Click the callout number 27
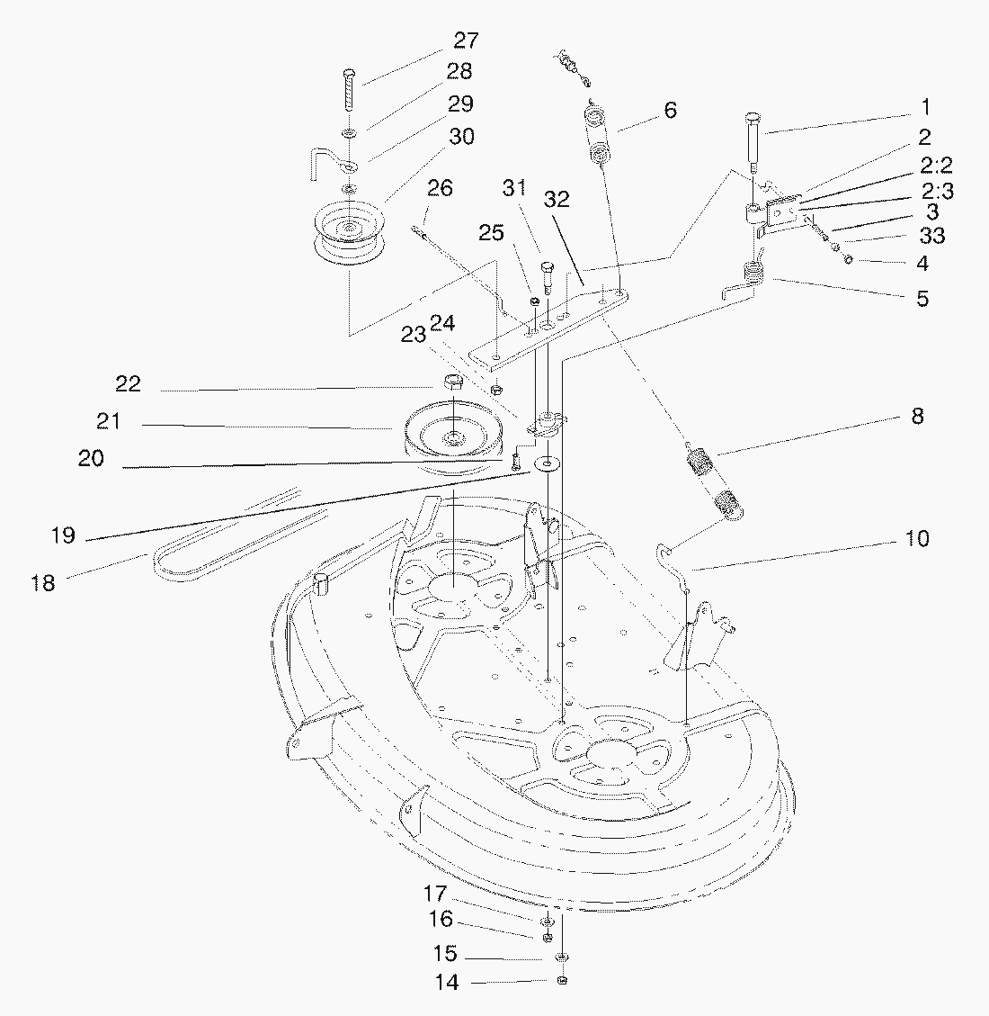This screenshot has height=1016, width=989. [x=466, y=40]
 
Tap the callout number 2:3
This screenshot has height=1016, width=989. [x=937, y=192]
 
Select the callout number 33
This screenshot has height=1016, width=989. [x=932, y=235]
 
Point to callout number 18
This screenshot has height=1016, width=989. [x=43, y=583]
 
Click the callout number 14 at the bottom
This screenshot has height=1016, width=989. [x=447, y=983]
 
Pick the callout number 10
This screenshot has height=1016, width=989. [x=916, y=538]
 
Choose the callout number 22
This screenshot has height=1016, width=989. [x=128, y=384]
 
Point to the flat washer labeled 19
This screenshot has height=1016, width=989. [x=548, y=464]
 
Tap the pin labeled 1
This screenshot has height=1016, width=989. [x=753, y=142]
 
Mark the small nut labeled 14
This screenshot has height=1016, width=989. [x=562, y=981]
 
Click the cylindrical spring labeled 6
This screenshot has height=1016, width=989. [x=599, y=133]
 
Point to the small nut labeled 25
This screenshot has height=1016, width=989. [x=534, y=301]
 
